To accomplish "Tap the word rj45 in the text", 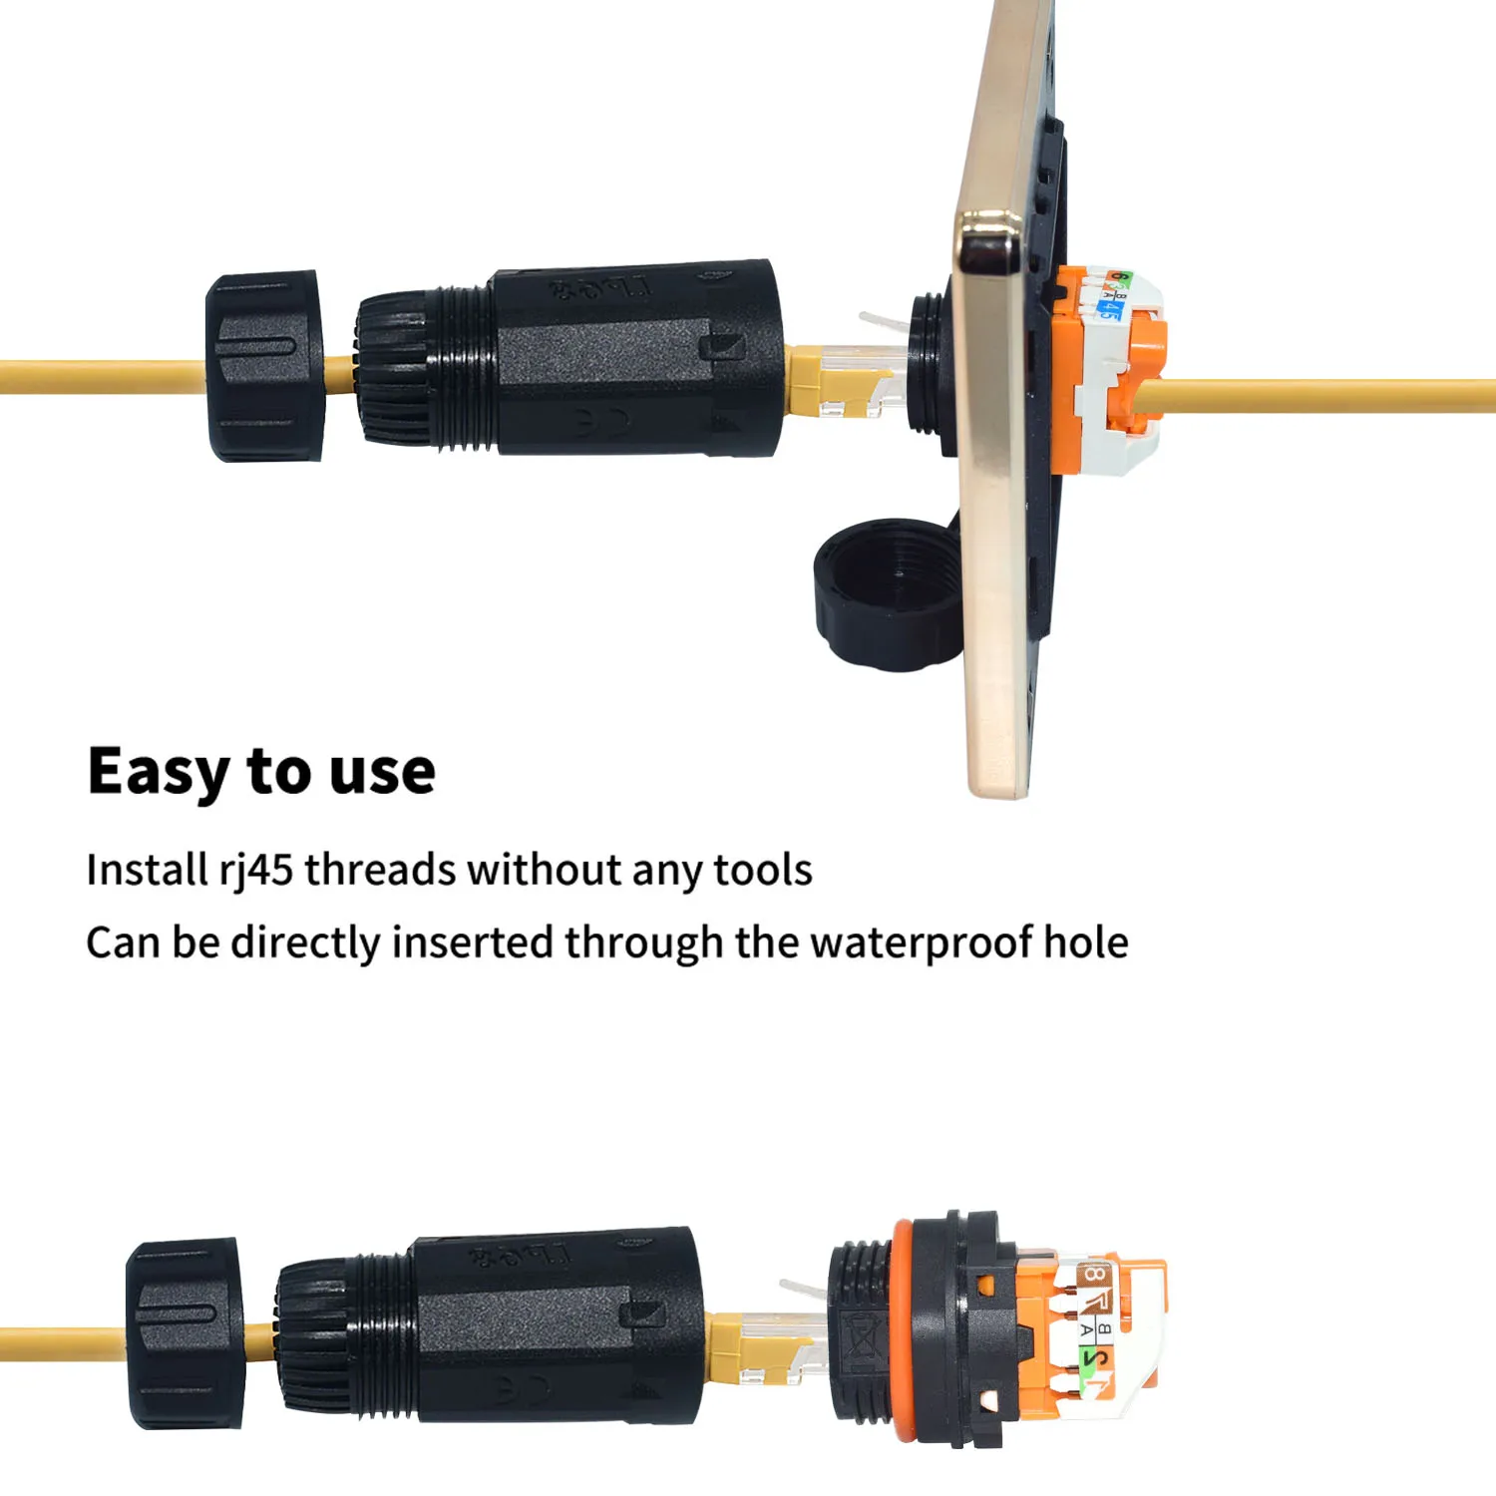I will (x=256, y=871).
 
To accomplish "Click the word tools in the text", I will (x=763, y=871).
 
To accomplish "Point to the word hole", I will (x=1086, y=942).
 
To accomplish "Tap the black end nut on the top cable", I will (x=265, y=366).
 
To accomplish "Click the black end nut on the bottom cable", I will (x=186, y=1333).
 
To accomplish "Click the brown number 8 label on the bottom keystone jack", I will (x=1094, y=1275).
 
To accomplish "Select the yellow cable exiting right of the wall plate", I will (x=1326, y=395).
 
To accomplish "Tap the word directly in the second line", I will (x=305, y=942).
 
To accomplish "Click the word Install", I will (x=146, y=871).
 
